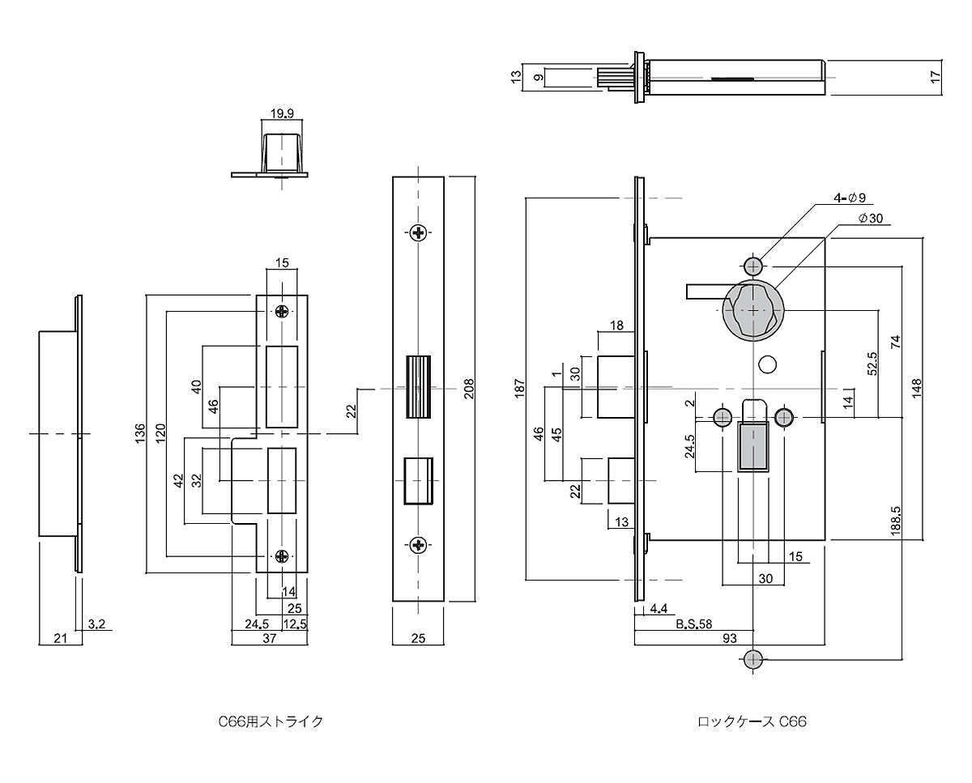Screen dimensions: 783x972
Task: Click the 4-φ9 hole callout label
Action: click(x=851, y=198)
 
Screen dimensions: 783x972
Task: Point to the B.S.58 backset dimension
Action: click(x=693, y=624)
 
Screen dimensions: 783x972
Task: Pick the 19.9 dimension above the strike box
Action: click(x=283, y=113)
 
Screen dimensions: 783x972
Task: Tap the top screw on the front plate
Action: click(x=419, y=233)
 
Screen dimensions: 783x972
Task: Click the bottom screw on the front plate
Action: click(x=419, y=546)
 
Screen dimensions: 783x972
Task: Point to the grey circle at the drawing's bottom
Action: click(x=754, y=658)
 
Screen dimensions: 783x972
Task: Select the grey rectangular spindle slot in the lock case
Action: click(x=754, y=445)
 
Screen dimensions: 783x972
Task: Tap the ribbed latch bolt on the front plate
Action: click(x=418, y=387)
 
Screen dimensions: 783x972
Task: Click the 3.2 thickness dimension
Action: click(x=96, y=623)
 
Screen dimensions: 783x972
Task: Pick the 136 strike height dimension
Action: click(x=139, y=432)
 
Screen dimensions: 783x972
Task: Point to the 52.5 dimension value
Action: click(x=872, y=364)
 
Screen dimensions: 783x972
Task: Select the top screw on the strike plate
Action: click(x=282, y=311)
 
